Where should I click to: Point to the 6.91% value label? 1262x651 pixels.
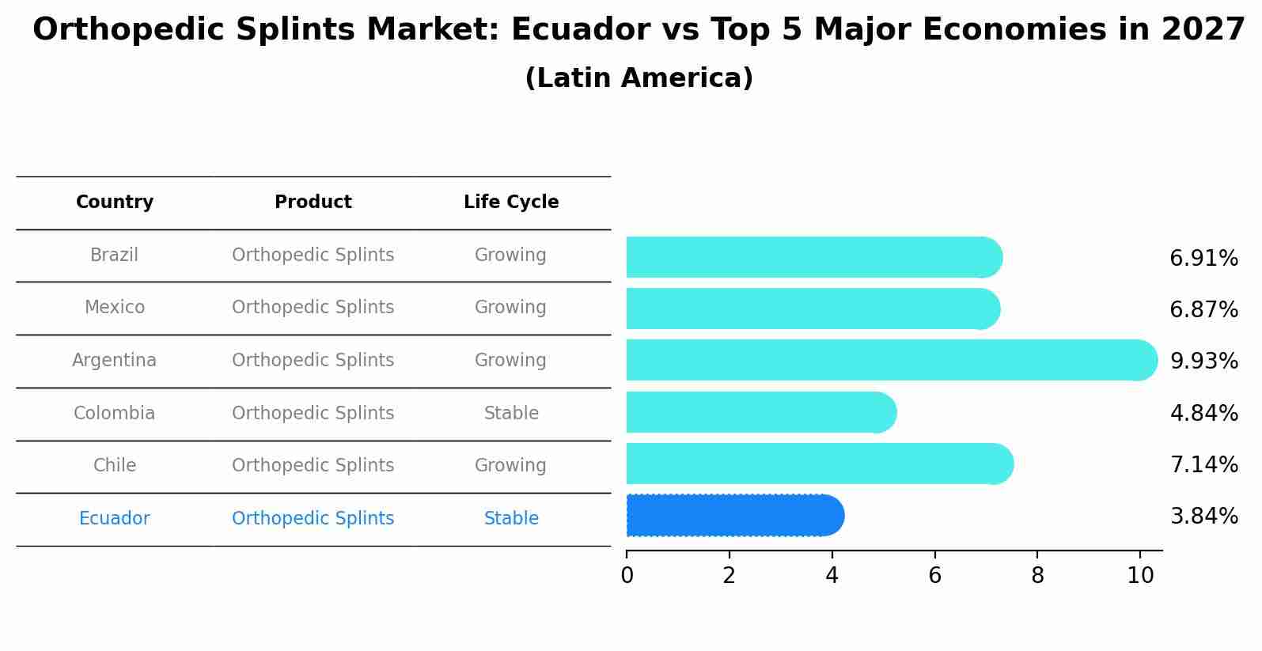click(x=1203, y=259)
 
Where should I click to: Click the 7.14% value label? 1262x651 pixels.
click(x=1203, y=465)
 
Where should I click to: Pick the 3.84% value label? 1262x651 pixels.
click(x=1203, y=517)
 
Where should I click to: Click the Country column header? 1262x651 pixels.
click(x=115, y=202)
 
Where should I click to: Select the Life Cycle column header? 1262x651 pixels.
click(x=511, y=202)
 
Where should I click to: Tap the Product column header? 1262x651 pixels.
click(x=313, y=202)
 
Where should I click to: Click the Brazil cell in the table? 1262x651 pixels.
click(x=114, y=255)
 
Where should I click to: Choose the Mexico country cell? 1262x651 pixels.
click(x=115, y=308)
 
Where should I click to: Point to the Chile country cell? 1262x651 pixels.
click(x=115, y=466)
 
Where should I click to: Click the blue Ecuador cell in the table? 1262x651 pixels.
click(x=114, y=519)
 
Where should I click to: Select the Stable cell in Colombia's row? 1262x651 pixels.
click(x=511, y=414)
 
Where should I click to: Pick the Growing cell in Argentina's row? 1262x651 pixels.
click(x=510, y=361)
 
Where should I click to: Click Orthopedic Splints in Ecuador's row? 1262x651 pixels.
click(x=313, y=519)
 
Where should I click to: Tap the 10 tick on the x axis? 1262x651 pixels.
click(x=1140, y=576)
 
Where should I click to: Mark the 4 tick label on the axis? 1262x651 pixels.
click(x=832, y=576)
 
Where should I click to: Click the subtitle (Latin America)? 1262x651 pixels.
click(x=639, y=78)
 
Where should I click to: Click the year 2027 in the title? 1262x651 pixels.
click(x=1203, y=30)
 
